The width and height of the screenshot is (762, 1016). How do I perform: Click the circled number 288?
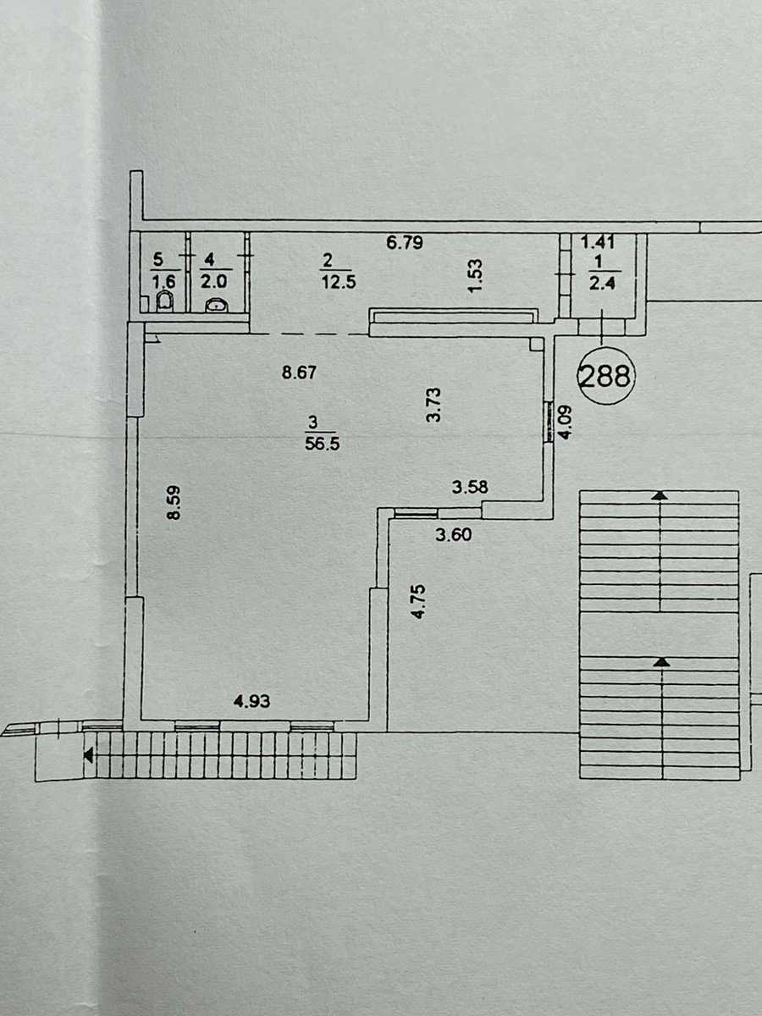[x=605, y=375]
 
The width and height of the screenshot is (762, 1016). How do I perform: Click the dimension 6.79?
[x=405, y=242]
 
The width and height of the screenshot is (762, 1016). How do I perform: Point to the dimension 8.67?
[x=300, y=373]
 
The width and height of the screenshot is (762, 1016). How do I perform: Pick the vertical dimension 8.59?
[x=174, y=502]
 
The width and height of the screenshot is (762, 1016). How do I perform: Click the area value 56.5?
[x=323, y=444]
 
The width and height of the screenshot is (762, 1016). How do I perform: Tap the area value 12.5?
[x=340, y=281]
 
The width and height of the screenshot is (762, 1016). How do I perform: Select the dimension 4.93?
[x=252, y=701]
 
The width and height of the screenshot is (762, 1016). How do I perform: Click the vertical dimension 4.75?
[x=418, y=602]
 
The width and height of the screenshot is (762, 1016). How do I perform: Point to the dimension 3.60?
[x=454, y=534]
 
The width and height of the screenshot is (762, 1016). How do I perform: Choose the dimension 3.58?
[x=470, y=487]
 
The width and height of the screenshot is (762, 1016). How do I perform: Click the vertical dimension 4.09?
[x=566, y=422]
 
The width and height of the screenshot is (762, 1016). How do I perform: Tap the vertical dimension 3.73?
[x=434, y=405]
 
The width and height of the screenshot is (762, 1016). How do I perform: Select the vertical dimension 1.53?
[x=475, y=276]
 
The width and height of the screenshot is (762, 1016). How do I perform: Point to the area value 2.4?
[x=602, y=282]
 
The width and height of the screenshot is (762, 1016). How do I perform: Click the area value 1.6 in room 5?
[x=163, y=281]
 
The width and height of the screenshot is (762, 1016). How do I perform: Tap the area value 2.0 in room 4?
[x=213, y=281]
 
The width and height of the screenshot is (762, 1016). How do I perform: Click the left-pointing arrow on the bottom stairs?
[x=88, y=756]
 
